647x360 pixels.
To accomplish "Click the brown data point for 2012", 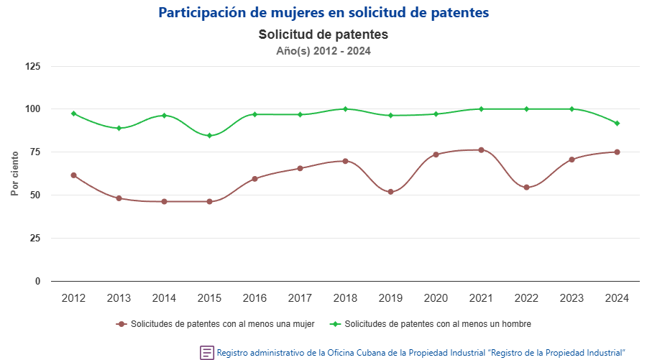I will pyautogui.click(x=73, y=175).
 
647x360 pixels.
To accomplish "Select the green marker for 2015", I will pyautogui.click(x=209, y=136).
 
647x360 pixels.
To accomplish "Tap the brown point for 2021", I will pyautogui.click(x=481, y=150).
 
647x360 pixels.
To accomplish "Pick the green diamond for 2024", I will pyautogui.click(x=617, y=124).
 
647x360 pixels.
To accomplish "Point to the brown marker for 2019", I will pyautogui.click(x=390, y=192).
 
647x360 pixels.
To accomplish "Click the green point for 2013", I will pyautogui.click(x=119, y=128).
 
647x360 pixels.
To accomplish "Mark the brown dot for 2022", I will pyautogui.click(x=526, y=188).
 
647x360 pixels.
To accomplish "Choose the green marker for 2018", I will pyautogui.click(x=345, y=109).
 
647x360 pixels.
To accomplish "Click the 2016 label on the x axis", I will pyautogui.click(x=254, y=298).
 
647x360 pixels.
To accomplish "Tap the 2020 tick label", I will pyautogui.click(x=436, y=298).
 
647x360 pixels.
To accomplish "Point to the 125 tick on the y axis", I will pyautogui.click(x=33, y=66).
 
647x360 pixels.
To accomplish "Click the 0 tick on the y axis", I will pyautogui.click(x=37, y=281).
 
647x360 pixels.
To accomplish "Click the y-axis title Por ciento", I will pyautogui.click(x=14, y=174).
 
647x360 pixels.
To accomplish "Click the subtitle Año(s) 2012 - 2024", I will pyautogui.click(x=323, y=51).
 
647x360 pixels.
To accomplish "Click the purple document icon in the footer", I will pyautogui.click(x=207, y=352).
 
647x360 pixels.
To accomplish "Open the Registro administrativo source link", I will pyautogui.click(x=421, y=353).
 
